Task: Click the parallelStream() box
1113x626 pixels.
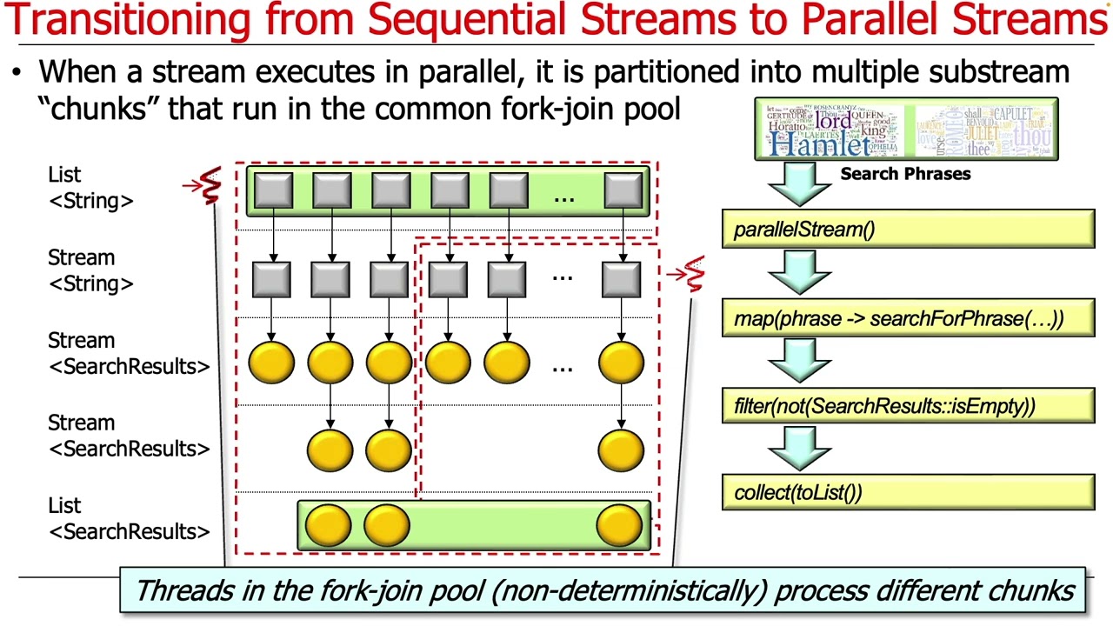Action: click(x=908, y=230)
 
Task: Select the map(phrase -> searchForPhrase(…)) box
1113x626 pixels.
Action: click(x=908, y=318)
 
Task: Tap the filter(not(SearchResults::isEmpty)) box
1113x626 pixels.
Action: click(x=908, y=406)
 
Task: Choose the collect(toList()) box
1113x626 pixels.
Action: click(x=908, y=493)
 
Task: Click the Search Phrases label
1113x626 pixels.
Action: click(x=905, y=174)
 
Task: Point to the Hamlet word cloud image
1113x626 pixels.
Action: click(x=830, y=130)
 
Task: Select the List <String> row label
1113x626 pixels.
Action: click(x=90, y=188)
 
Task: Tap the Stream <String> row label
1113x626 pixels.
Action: click(x=90, y=270)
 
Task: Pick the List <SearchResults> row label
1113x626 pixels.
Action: click(x=129, y=518)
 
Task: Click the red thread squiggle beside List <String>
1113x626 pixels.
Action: click(x=209, y=186)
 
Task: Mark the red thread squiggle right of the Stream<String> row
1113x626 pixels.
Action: click(x=693, y=274)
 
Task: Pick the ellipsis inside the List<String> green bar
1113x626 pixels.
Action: click(x=564, y=198)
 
